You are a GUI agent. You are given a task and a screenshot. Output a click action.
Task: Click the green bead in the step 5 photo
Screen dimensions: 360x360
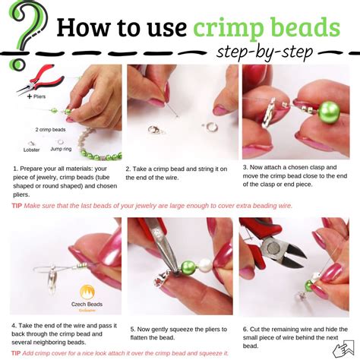[x=188, y=267]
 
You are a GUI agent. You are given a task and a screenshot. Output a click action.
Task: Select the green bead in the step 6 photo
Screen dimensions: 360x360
[x=311, y=285]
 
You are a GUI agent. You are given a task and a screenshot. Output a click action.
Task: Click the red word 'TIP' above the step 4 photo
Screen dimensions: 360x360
[x=16, y=205]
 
